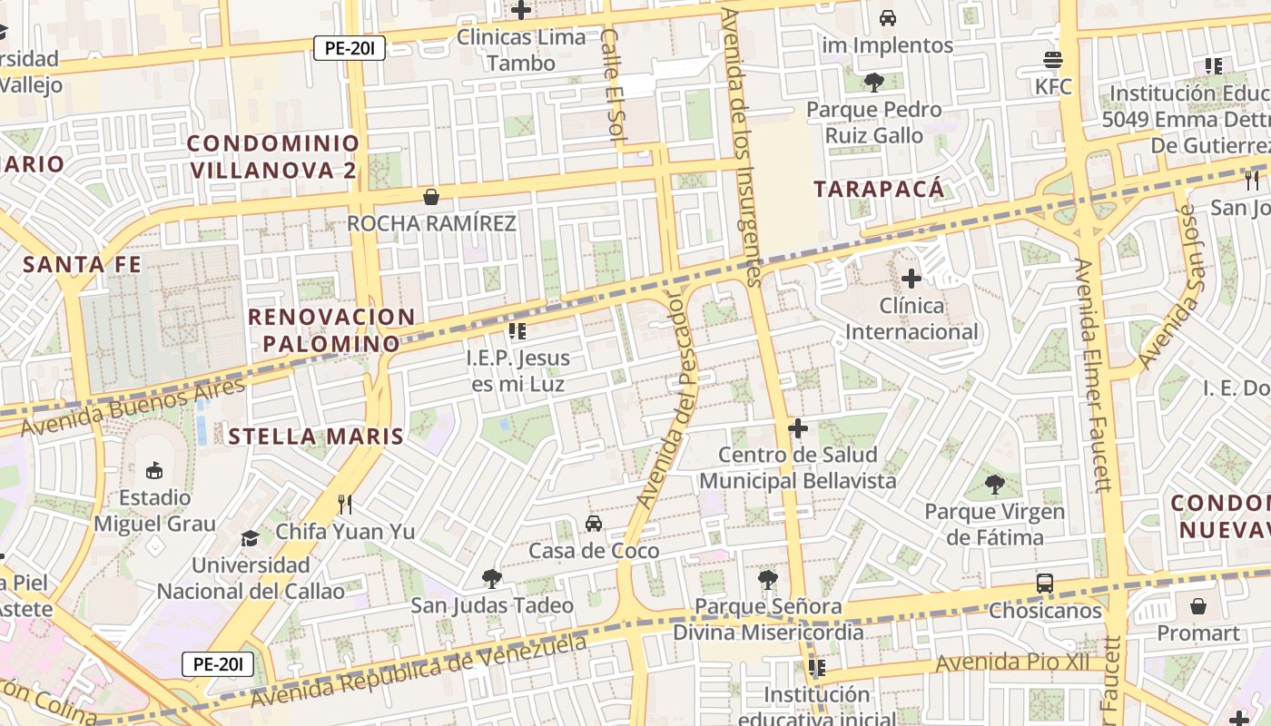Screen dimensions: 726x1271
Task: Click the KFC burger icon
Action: click(1053, 61)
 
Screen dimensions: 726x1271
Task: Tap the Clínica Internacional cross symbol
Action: click(911, 279)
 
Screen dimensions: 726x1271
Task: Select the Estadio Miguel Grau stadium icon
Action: click(154, 471)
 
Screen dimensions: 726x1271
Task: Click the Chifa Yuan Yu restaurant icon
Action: click(344, 504)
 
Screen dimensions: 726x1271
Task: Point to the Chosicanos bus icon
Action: click(1045, 584)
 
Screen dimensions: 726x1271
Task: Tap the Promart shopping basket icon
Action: click(1198, 606)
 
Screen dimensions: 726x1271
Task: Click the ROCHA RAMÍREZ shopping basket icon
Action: click(431, 197)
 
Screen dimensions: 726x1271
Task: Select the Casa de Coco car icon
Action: click(594, 524)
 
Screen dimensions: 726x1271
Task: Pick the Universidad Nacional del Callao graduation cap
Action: click(250, 538)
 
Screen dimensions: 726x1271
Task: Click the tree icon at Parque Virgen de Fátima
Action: click(995, 485)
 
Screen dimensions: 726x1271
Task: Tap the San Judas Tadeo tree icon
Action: click(491, 578)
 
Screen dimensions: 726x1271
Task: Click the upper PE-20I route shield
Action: click(350, 48)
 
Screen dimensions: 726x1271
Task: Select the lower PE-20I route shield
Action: click(218, 664)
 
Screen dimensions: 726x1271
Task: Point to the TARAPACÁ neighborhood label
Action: click(879, 189)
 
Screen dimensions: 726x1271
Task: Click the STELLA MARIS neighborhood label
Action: click(316, 437)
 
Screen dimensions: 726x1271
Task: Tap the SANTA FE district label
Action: click(83, 264)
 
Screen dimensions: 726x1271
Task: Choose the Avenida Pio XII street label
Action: click(1011, 662)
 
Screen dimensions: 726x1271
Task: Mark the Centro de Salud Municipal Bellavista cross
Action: click(798, 428)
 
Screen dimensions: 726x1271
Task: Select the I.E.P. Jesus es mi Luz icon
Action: click(517, 331)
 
